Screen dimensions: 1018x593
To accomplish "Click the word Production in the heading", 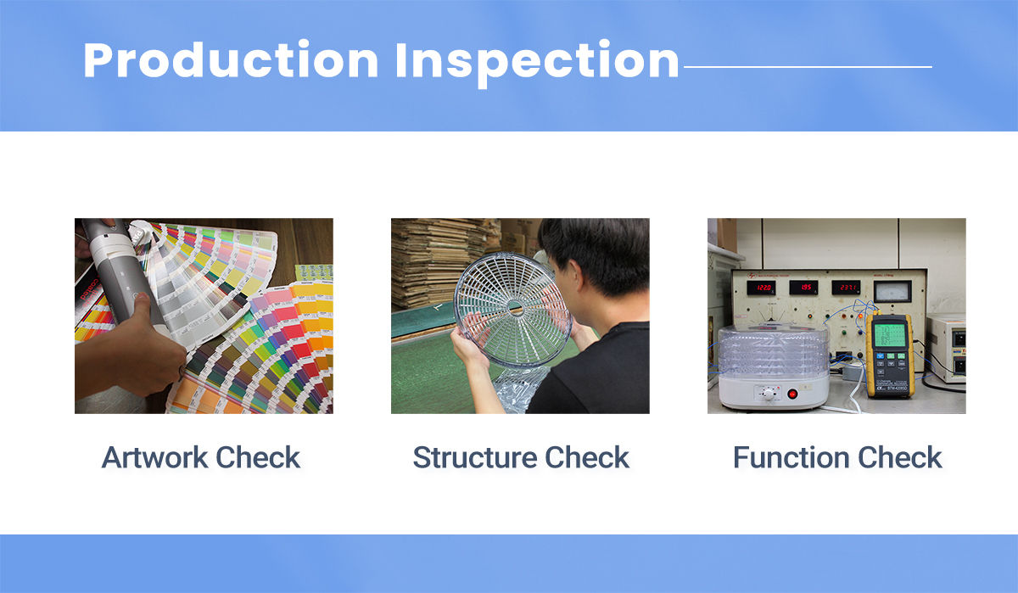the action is [x=231, y=60].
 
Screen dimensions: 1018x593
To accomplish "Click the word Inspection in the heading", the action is [x=537, y=63].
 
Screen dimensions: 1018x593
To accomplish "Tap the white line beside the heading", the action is [x=808, y=67].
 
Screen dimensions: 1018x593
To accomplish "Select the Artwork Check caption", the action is [x=200, y=457].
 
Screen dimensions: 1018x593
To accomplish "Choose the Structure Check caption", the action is [x=521, y=457].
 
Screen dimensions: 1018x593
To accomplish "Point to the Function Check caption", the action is [x=837, y=457].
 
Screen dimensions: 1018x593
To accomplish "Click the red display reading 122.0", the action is [x=761, y=288].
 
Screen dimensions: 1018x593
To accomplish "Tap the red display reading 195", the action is [x=803, y=288].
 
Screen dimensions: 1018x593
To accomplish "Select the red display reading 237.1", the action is [x=846, y=288].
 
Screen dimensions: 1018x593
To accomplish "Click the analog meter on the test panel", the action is [x=892, y=291].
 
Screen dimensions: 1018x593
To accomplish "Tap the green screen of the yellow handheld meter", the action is [x=889, y=336].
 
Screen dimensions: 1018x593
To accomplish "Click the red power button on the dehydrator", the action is [x=792, y=394].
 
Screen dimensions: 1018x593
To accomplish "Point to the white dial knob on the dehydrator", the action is [x=769, y=394].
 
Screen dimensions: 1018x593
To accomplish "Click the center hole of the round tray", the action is [x=514, y=308].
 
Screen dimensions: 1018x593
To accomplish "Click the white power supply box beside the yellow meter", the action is [x=947, y=348].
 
